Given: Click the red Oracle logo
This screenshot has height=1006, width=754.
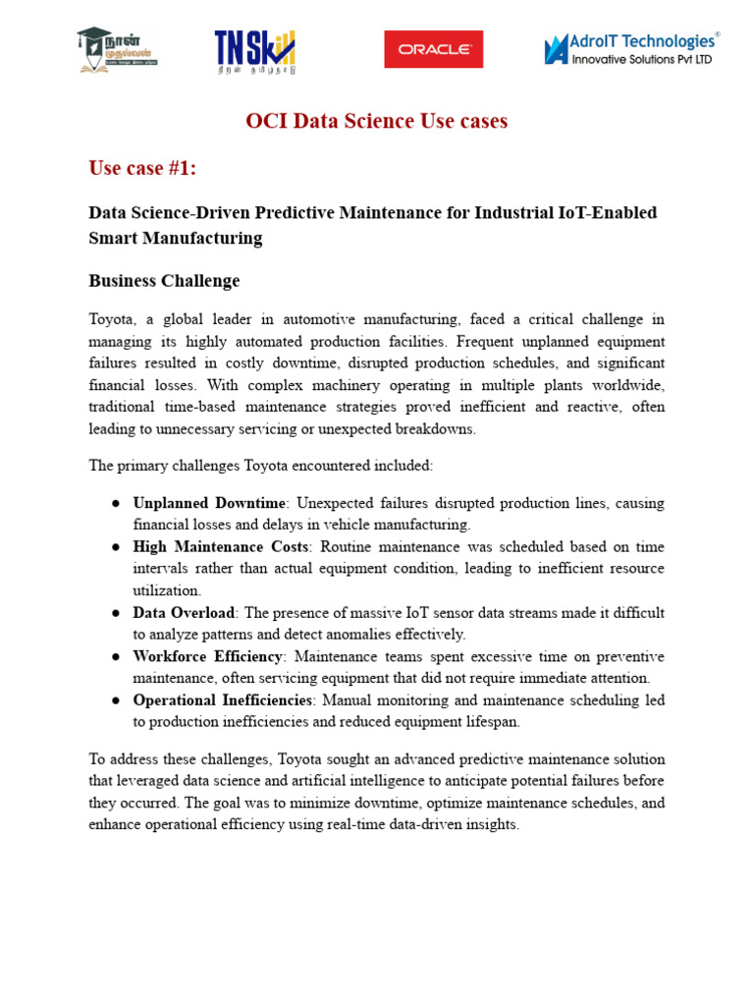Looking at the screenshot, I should tap(433, 49).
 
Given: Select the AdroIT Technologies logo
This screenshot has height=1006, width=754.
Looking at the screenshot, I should tap(631, 48).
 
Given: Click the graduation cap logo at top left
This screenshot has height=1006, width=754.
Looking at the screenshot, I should tap(116, 49).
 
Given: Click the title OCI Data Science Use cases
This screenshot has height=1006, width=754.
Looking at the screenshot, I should tap(376, 122).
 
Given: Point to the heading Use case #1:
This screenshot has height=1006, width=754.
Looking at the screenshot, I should tap(142, 169).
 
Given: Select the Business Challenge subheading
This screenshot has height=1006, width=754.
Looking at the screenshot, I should tap(164, 281).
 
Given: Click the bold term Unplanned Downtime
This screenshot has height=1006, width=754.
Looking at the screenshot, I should tap(209, 503).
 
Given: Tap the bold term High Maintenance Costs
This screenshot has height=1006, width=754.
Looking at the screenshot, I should tap(221, 547).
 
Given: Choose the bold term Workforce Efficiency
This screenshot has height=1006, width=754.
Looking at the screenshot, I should tap(208, 656).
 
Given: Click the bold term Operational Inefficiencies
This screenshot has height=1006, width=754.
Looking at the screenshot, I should tap(223, 700).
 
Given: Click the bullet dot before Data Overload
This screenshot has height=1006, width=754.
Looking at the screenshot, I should tap(116, 613).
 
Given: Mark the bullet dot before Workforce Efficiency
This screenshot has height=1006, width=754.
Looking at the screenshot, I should tap(116, 656).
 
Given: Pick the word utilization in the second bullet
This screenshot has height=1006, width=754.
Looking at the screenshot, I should tap(166, 590).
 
